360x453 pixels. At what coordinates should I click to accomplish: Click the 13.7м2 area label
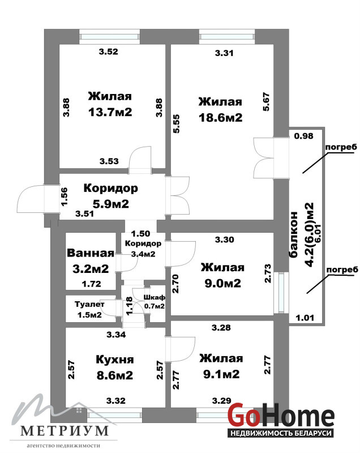point(110,112)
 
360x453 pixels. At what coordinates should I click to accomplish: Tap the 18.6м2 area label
point(221,118)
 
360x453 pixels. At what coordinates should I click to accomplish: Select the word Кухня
point(114,360)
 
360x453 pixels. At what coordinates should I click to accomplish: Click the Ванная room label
point(91,253)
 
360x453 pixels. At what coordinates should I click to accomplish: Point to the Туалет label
point(89,304)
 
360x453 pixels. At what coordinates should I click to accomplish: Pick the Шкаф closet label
point(155,297)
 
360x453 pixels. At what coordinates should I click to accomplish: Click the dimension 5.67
point(266,101)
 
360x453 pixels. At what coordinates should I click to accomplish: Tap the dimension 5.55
point(176,124)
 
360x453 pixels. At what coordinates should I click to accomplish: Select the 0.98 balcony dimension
point(304,136)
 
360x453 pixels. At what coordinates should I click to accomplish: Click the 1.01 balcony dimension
point(305,318)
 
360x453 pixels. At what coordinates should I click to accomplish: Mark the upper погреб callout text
point(341,147)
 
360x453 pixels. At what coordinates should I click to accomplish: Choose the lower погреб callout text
point(342,270)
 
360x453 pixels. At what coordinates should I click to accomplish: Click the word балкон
point(293,234)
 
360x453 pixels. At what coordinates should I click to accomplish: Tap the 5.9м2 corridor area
point(110,204)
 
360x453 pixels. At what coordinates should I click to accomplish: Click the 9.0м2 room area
point(222,284)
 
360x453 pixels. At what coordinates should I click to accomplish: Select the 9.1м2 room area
point(221,374)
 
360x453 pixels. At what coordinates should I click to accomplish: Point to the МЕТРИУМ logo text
point(65,431)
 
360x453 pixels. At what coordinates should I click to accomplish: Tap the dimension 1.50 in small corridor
point(140,233)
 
